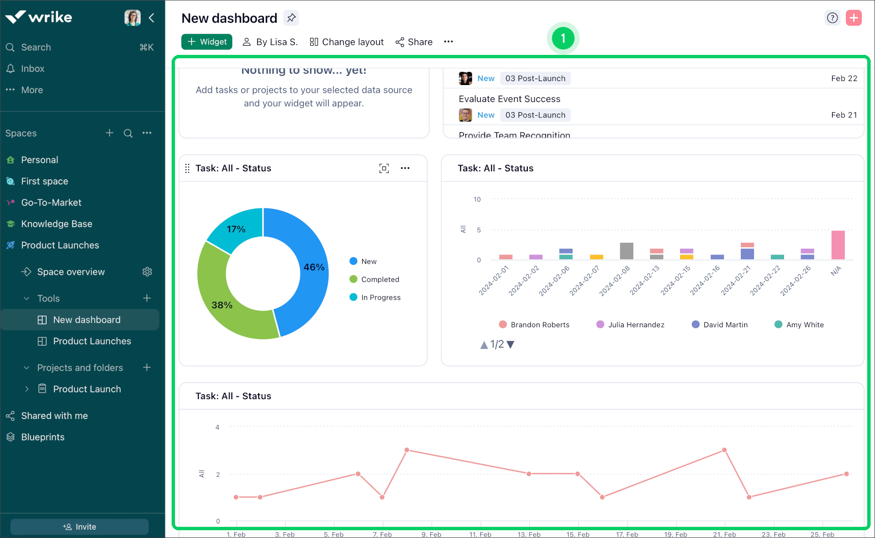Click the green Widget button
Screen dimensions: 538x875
(207, 42)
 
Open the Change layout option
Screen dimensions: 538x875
(347, 42)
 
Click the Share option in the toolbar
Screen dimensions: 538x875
(414, 42)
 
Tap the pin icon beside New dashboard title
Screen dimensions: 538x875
(291, 18)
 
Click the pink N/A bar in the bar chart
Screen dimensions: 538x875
(838, 245)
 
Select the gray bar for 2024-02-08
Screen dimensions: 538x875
(627, 251)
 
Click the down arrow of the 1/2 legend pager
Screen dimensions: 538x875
(510, 345)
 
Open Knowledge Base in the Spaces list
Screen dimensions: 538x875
(56, 224)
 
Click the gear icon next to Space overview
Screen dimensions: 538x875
(147, 272)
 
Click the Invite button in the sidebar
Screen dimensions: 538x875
(80, 527)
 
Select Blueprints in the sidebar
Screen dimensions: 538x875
(43, 437)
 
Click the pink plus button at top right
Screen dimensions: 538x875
(854, 18)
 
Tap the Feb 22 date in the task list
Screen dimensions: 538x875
(844, 78)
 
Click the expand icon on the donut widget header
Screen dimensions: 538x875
(384, 168)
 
